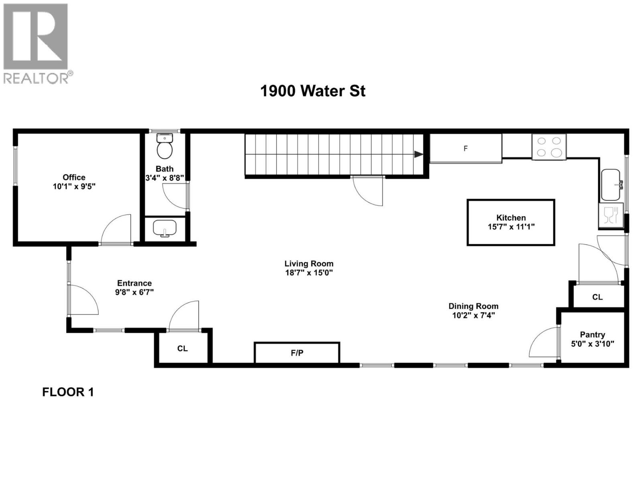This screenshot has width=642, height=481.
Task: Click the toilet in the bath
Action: [165, 148]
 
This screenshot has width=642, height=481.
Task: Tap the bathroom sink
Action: [165, 228]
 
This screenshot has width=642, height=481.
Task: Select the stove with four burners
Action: [549, 147]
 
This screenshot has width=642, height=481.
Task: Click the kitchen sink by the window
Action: [611, 185]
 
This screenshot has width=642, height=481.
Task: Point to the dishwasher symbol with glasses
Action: [610, 215]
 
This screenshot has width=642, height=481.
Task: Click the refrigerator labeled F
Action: [465, 149]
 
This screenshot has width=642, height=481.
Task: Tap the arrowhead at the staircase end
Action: [419, 154]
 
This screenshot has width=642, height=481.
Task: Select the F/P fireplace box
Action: [297, 353]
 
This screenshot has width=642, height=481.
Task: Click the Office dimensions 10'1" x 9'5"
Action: [74, 186]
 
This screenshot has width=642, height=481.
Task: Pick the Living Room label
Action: [309, 264]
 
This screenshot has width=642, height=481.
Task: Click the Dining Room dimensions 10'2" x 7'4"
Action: [473, 315]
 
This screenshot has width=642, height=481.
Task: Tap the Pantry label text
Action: [592, 335]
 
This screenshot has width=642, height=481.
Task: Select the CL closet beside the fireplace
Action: [183, 348]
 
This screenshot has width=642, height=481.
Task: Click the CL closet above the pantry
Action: [597, 297]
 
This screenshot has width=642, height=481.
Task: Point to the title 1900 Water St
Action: [313, 91]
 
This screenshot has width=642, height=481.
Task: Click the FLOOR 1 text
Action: [68, 392]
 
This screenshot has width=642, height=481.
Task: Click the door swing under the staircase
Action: [367, 192]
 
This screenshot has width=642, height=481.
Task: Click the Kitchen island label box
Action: [511, 222]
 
